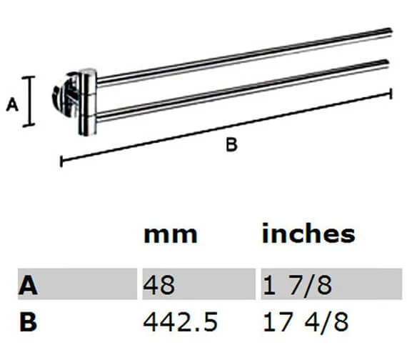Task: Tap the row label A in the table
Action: click(27, 286)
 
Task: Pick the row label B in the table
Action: click(27, 321)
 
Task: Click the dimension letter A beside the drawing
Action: click(11, 106)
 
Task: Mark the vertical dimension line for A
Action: click(29, 101)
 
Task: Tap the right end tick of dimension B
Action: click(391, 94)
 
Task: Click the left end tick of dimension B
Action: click(61, 161)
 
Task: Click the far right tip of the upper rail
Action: click(390, 30)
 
